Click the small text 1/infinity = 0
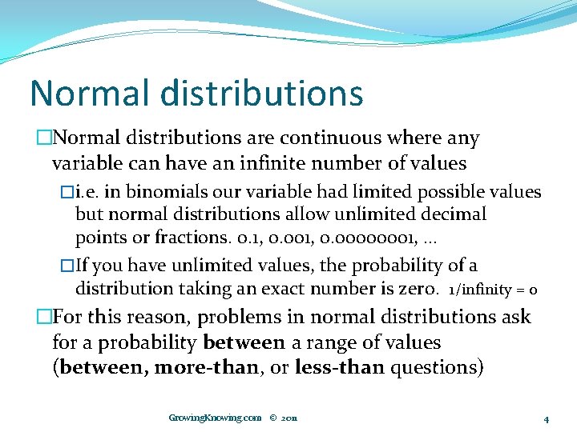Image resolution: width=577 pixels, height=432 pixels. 493,290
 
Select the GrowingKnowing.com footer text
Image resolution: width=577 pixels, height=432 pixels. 215,418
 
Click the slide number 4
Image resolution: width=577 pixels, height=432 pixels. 546,418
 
